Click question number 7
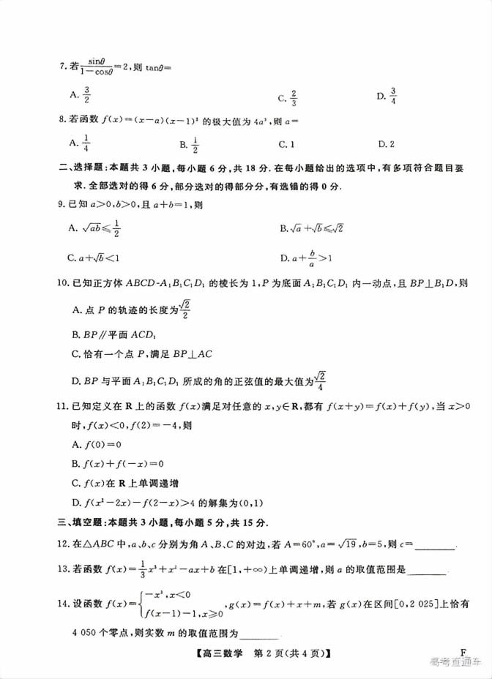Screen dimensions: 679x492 pos(62,68)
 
